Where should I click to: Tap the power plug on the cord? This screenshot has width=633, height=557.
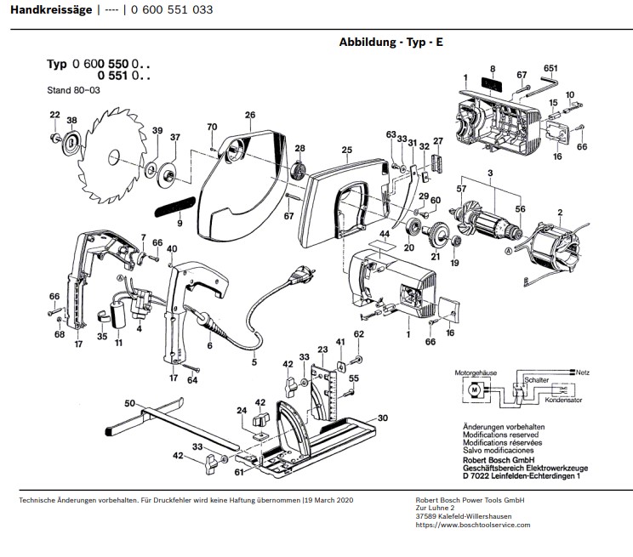tap(300, 275)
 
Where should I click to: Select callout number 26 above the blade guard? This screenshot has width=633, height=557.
tap(250, 115)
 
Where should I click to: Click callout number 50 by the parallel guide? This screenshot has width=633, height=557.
tap(129, 403)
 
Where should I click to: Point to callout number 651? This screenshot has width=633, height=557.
tap(550, 68)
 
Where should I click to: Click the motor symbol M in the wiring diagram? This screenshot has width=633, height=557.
tap(475, 389)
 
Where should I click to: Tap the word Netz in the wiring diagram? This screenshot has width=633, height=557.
tap(583, 372)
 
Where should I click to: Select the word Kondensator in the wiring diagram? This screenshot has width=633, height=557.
tap(563, 400)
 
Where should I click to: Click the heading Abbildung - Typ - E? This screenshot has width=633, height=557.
tap(391, 42)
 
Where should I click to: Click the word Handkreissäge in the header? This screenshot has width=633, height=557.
tap(51, 9)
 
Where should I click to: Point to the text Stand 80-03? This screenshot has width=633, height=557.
tap(73, 90)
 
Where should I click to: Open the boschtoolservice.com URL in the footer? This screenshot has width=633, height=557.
tap(473, 526)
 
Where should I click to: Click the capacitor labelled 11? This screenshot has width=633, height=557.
tap(117, 310)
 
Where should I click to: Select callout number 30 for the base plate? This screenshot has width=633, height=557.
tap(382, 418)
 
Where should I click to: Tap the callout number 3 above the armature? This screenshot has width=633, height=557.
tap(490, 173)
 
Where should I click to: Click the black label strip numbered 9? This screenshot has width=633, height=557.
tap(174, 207)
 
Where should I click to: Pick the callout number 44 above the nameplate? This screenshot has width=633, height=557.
tap(385, 234)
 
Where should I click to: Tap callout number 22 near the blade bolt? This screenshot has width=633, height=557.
tap(55, 115)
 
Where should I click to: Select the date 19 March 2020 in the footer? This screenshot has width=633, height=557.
tap(329, 500)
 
